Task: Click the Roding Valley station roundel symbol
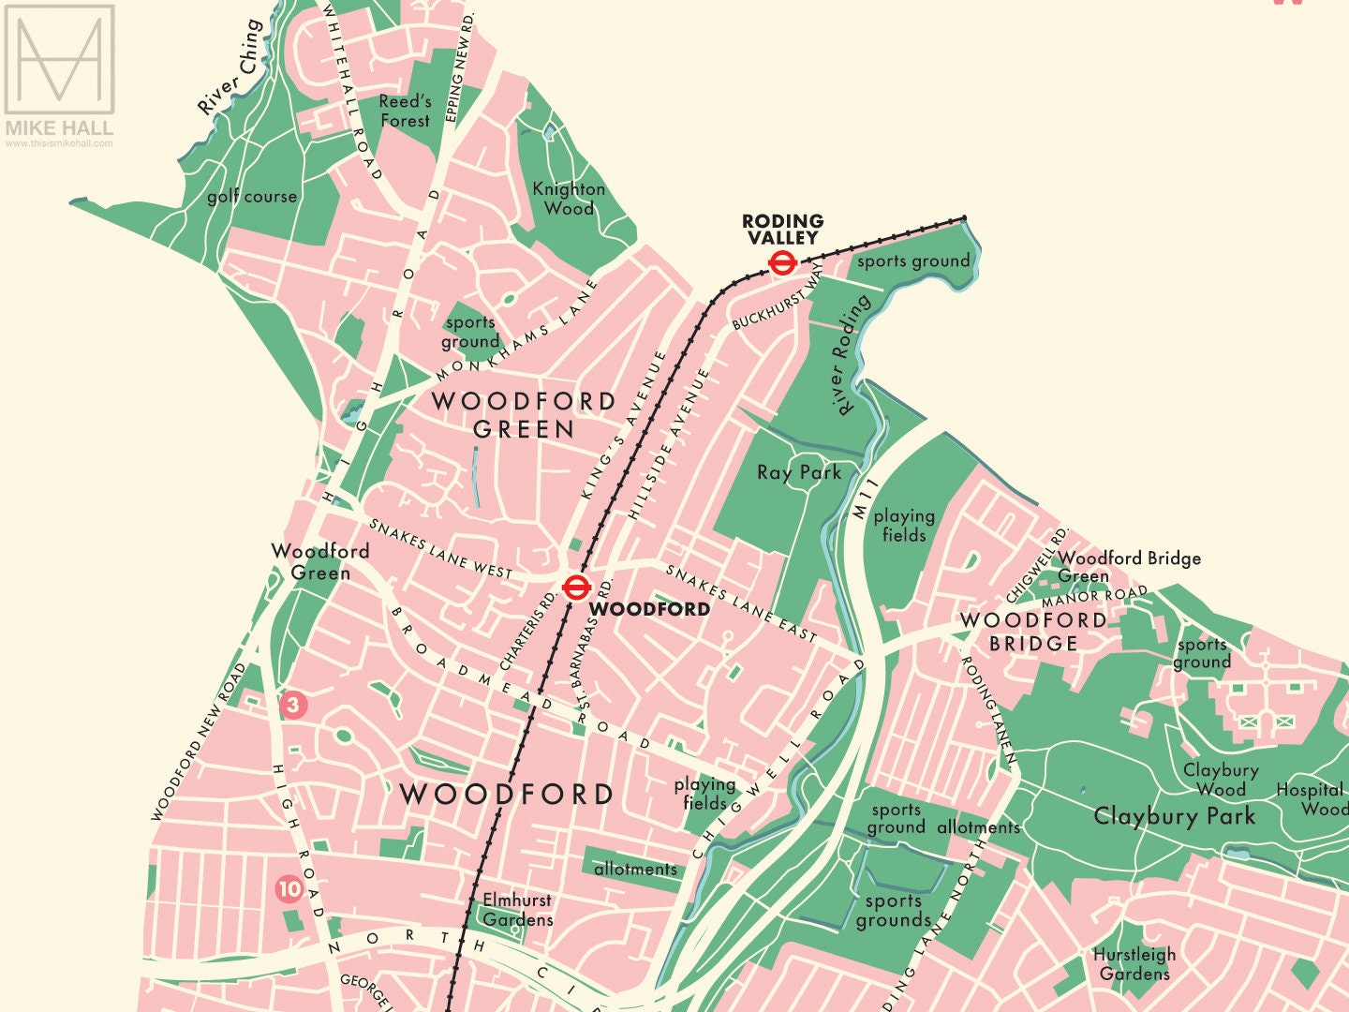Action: point(781,263)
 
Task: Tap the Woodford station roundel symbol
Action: point(575,588)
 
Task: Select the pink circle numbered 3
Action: point(293,705)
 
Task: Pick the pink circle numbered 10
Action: point(289,888)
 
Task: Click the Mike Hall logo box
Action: point(59,60)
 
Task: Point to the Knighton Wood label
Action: point(569,199)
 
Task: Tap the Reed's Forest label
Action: point(406,111)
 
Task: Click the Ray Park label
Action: point(799,472)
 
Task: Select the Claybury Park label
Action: point(1174,816)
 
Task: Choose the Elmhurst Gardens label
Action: point(517,910)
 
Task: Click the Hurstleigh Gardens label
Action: point(1134,964)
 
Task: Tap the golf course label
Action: point(252,197)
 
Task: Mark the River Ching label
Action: point(230,67)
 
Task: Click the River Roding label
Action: point(850,355)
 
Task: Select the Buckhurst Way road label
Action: point(778,296)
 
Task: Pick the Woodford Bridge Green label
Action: point(1129,567)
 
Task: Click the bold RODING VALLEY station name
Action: point(783,230)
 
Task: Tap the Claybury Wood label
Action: point(1221,780)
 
